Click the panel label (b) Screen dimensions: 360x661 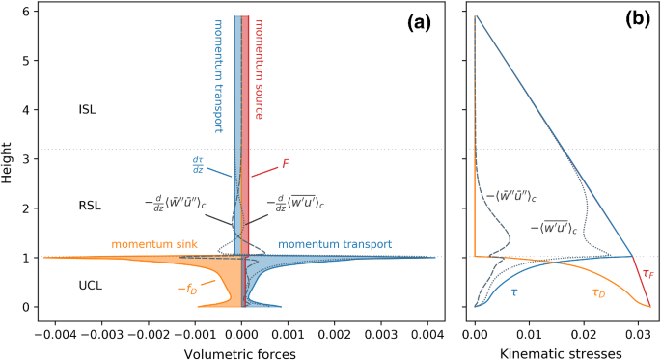pos(637,21)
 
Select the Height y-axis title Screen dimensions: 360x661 pos(9,160)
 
